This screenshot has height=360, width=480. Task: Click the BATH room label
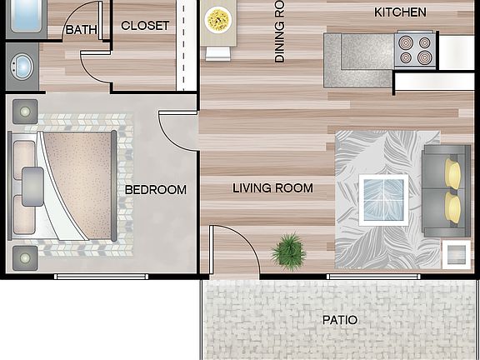[81, 30]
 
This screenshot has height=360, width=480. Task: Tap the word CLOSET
[145, 26]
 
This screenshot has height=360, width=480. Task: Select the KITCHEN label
[400, 12]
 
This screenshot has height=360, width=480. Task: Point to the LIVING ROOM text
[272, 188]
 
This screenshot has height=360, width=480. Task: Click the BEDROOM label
[156, 190]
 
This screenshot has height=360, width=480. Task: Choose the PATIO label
[339, 320]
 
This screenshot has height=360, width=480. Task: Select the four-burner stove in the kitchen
[414, 49]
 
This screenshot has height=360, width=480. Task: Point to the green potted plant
[289, 249]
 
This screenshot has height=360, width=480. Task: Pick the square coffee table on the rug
[383, 199]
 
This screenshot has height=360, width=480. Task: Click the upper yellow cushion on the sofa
[453, 173]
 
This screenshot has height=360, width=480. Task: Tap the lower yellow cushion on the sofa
[453, 206]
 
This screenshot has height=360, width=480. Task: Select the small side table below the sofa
[455, 252]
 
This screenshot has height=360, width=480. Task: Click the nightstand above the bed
[22, 111]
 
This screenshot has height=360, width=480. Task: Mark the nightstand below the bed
[22, 255]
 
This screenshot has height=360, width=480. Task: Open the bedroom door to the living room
[177, 132]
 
